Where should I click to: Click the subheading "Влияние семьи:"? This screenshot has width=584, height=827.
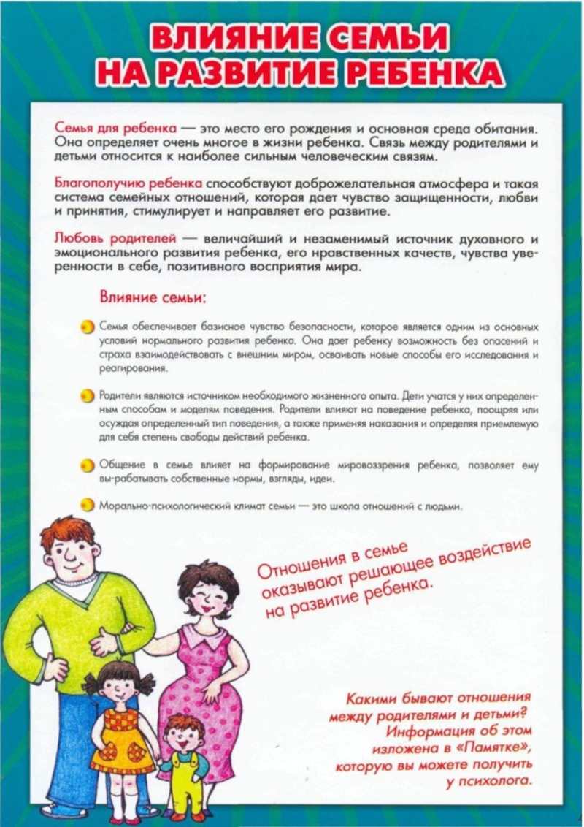tap(153, 297)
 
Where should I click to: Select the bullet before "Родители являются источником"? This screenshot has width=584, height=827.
tap(87, 395)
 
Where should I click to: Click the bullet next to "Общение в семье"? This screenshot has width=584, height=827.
tap(87, 465)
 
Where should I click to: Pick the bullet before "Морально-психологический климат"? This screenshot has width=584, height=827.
tap(87, 505)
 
